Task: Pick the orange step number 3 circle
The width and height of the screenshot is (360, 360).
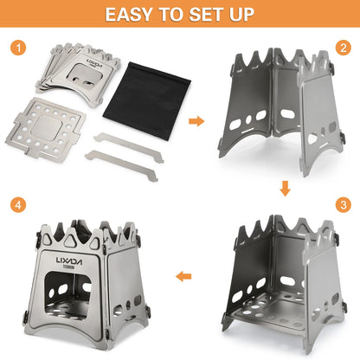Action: click(x=342, y=205)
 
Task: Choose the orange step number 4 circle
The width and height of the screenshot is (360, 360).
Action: click(x=17, y=205)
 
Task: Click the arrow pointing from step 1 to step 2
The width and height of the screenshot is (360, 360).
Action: click(x=196, y=119)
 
